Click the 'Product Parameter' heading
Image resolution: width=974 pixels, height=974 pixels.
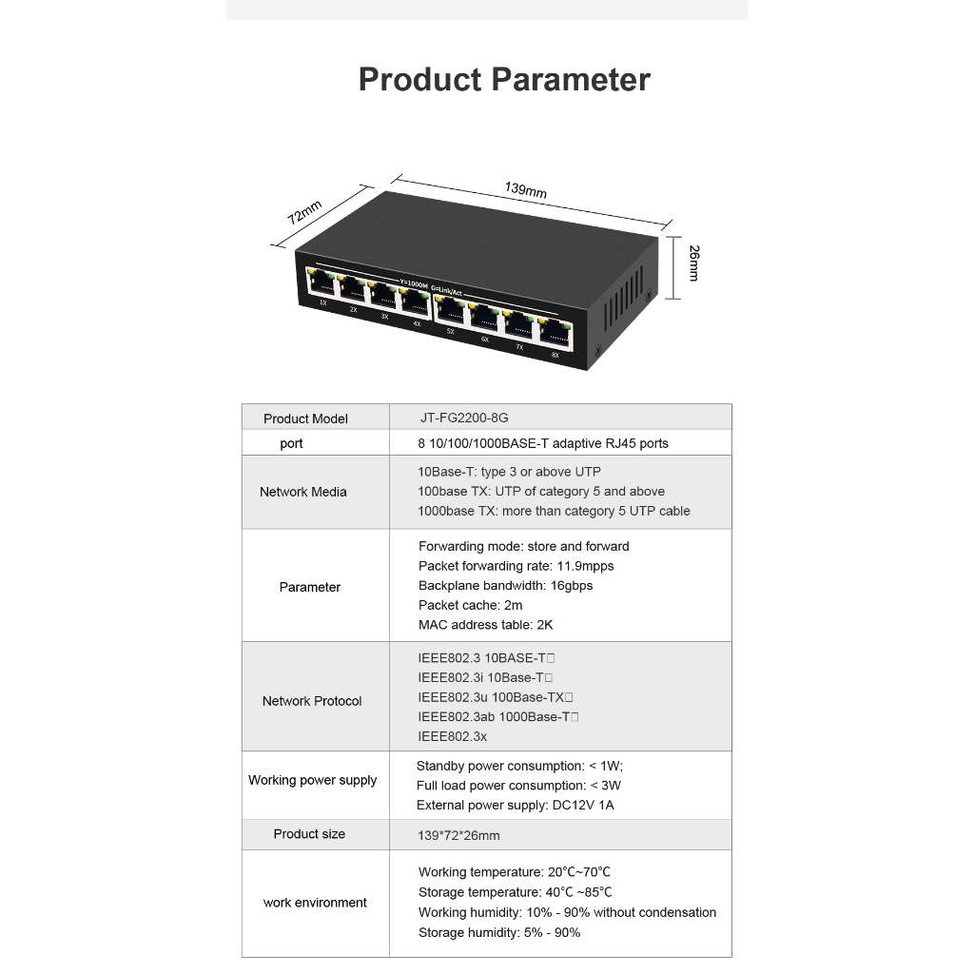[x=504, y=80]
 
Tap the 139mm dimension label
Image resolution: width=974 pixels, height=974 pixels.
[x=526, y=190]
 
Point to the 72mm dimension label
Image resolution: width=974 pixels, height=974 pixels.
[x=305, y=212]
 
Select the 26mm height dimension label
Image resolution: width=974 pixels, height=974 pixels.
[x=693, y=263]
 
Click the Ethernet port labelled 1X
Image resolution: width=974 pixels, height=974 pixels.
[x=321, y=283]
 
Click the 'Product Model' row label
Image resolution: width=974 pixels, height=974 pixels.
[x=305, y=419]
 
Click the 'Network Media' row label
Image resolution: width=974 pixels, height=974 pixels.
[x=302, y=492]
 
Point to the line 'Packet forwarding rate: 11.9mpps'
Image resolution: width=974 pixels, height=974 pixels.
[x=516, y=566]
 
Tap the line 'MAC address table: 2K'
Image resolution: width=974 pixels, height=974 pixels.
[x=485, y=625]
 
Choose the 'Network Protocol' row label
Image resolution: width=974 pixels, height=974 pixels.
[x=312, y=701]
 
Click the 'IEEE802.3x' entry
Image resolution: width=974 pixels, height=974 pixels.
[x=452, y=736]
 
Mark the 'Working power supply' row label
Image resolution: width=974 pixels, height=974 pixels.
[x=312, y=780]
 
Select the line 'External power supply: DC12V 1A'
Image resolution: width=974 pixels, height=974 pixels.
[x=515, y=806]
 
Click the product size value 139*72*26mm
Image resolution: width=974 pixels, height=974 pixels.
[x=458, y=835]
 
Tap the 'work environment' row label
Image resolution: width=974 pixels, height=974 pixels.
[x=315, y=903]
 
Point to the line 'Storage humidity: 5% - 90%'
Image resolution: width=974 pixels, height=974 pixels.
[x=498, y=932]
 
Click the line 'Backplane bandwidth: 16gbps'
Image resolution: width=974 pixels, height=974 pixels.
[x=505, y=586]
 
